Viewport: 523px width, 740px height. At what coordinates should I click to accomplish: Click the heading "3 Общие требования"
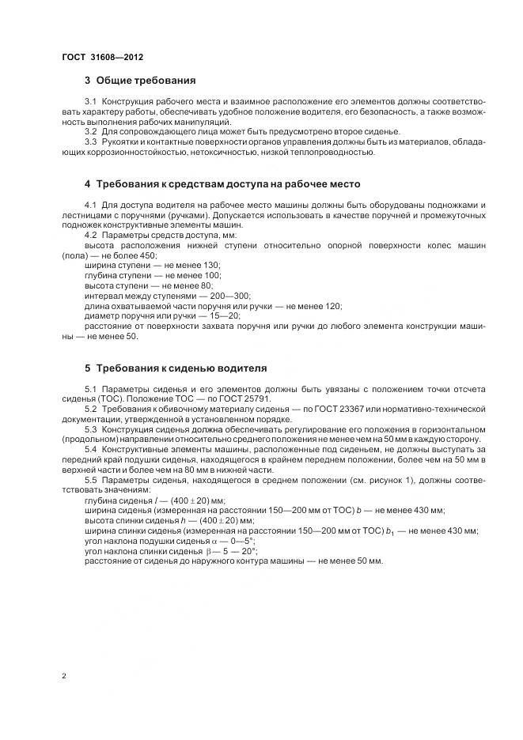139,81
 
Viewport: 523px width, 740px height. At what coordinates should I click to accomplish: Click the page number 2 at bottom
64,676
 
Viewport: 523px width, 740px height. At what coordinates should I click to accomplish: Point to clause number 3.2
90,131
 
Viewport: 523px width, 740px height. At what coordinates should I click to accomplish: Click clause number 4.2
90,236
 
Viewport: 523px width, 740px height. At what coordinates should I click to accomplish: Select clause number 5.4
90,449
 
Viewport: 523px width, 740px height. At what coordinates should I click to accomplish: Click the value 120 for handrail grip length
332,306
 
